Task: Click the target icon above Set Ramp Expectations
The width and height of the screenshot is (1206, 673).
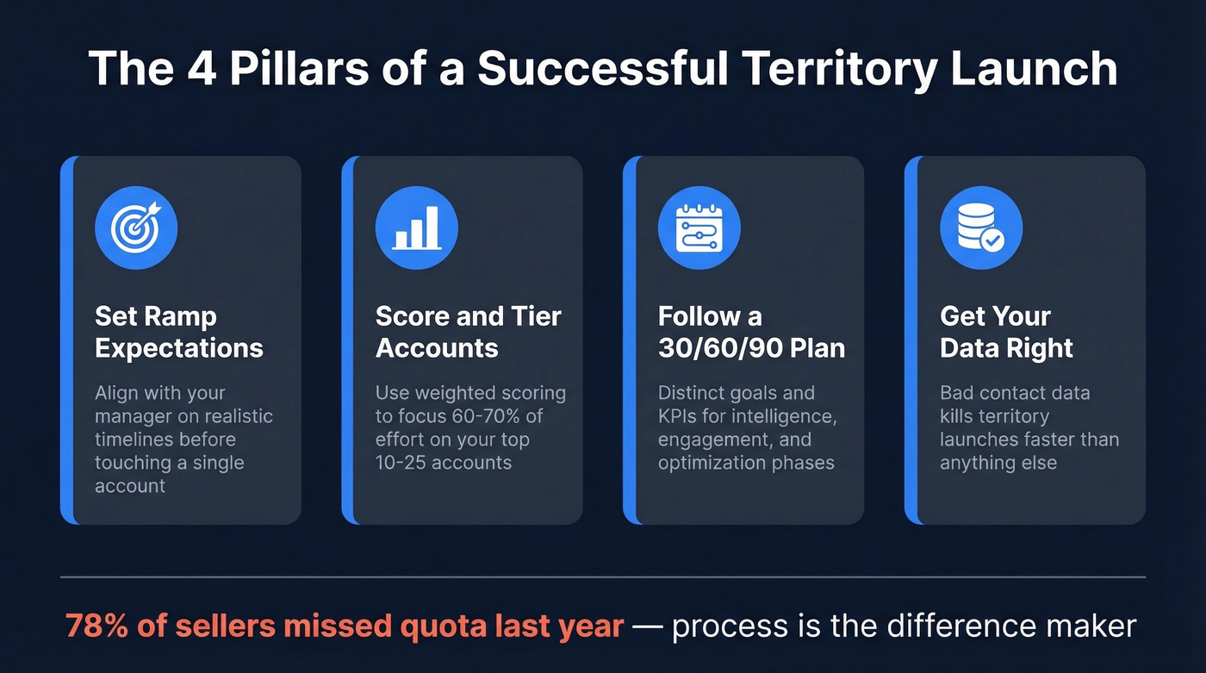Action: pyautogui.click(x=136, y=227)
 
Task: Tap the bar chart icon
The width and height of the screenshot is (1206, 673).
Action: pyautogui.click(x=417, y=227)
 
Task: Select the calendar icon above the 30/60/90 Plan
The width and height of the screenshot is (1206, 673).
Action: pyautogui.click(x=699, y=227)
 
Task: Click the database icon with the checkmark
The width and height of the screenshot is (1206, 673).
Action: pyautogui.click(x=980, y=227)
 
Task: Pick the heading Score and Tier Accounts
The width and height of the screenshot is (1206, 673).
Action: pyautogui.click(x=468, y=332)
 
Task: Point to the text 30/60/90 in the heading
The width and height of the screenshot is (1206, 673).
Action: pyautogui.click(x=708, y=348)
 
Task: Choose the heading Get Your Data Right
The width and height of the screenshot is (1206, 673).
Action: pyautogui.click(x=1006, y=332)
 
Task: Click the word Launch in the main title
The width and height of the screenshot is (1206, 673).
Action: pyautogui.click(x=1035, y=67)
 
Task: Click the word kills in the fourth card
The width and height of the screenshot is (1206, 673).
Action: pyautogui.click(x=961, y=416)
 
